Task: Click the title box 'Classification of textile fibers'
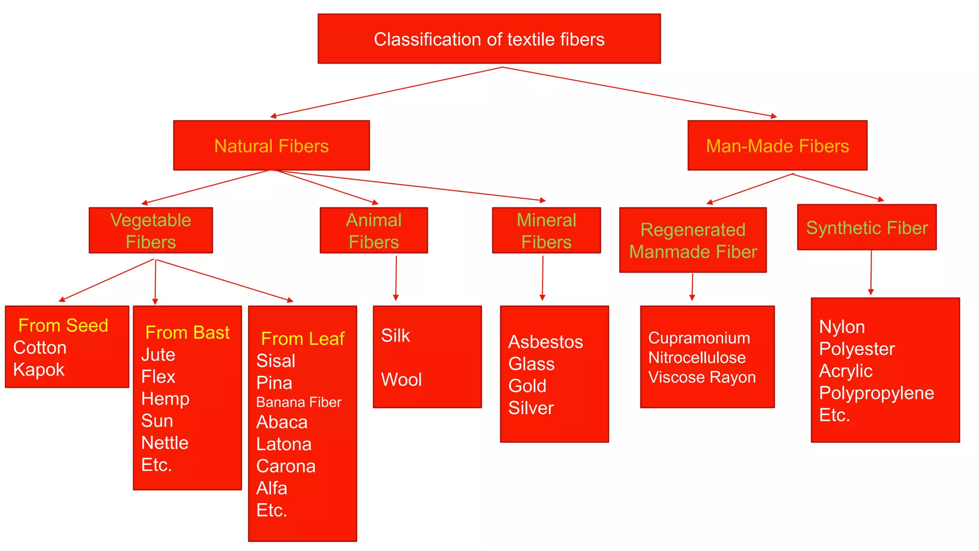pyautogui.click(x=489, y=39)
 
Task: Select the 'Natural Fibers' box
pyautogui.click(x=271, y=146)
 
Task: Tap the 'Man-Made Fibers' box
pyautogui.click(x=777, y=146)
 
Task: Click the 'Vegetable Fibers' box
pyautogui.click(x=151, y=231)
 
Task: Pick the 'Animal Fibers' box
pyautogui.click(x=373, y=231)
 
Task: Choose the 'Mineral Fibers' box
pyautogui.click(x=546, y=231)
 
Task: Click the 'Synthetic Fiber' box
pyautogui.click(x=867, y=228)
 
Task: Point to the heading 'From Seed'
pyautogui.click(x=63, y=325)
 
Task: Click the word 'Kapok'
pyautogui.click(x=39, y=370)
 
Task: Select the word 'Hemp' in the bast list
pyautogui.click(x=165, y=398)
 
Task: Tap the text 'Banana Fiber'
pyautogui.click(x=299, y=402)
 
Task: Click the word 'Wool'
pyautogui.click(x=401, y=380)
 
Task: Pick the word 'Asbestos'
pyautogui.click(x=545, y=342)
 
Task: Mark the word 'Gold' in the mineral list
pyautogui.click(x=527, y=386)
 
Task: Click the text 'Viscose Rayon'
pyautogui.click(x=702, y=377)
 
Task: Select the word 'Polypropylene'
pyautogui.click(x=876, y=393)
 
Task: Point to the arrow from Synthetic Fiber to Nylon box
pyautogui.click(x=871, y=273)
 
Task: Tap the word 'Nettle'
pyautogui.click(x=165, y=443)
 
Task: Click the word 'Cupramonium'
pyautogui.click(x=699, y=338)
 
